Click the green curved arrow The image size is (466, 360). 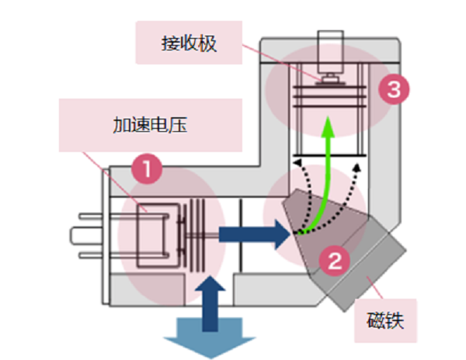tap(319, 186)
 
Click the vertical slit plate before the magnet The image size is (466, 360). tap(242, 233)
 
